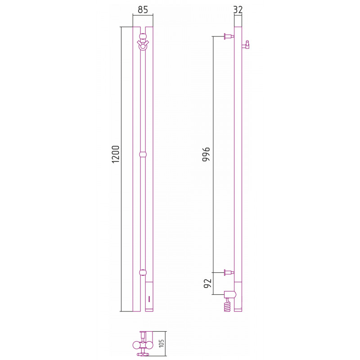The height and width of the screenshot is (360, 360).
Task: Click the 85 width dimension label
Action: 143,9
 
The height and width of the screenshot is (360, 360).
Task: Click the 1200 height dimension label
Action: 116,154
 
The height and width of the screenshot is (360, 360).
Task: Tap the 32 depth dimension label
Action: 238,9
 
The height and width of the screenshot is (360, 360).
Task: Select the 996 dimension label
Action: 206,154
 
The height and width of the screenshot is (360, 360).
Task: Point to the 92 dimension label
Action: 207,283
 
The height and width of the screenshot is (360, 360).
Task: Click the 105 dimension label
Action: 162,343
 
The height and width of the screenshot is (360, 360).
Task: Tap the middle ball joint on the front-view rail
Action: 143,154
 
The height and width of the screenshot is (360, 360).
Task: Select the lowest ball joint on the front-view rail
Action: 143,273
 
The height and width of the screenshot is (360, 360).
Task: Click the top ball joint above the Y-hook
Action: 143,36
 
